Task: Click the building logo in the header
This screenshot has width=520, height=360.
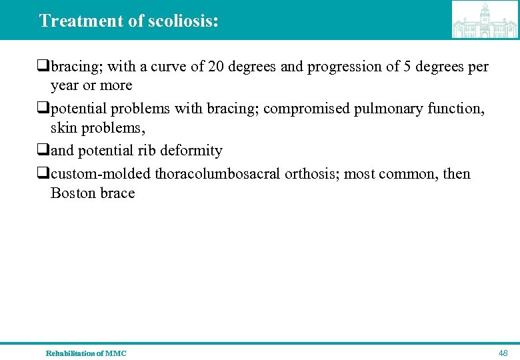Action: [x=485, y=20]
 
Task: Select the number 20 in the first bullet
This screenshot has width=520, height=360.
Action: [x=216, y=67]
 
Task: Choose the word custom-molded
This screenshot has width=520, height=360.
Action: [x=101, y=174]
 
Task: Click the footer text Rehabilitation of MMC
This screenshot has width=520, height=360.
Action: [x=85, y=353]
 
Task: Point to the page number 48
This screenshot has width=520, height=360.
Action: [x=503, y=353]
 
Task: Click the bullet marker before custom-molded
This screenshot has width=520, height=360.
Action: [x=44, y=174]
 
